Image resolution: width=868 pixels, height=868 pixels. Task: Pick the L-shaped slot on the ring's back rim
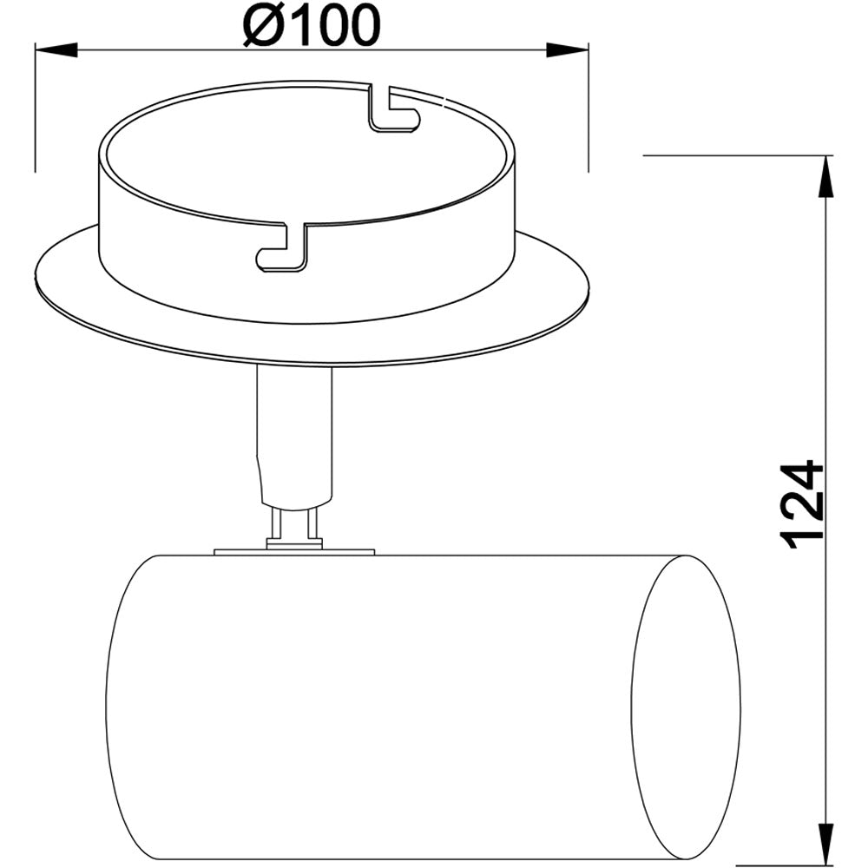[392, 111]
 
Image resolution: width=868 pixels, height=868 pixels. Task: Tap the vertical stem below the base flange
[295, 434]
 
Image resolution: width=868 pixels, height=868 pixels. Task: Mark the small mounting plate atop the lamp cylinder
[293, 550]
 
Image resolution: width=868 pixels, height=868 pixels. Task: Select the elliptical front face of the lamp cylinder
[686, 703]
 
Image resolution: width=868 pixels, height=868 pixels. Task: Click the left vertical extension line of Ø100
[35, 104]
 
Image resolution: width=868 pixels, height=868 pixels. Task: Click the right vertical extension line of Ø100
[588, 104]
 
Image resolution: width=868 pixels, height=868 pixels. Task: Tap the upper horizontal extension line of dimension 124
[738, 155]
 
